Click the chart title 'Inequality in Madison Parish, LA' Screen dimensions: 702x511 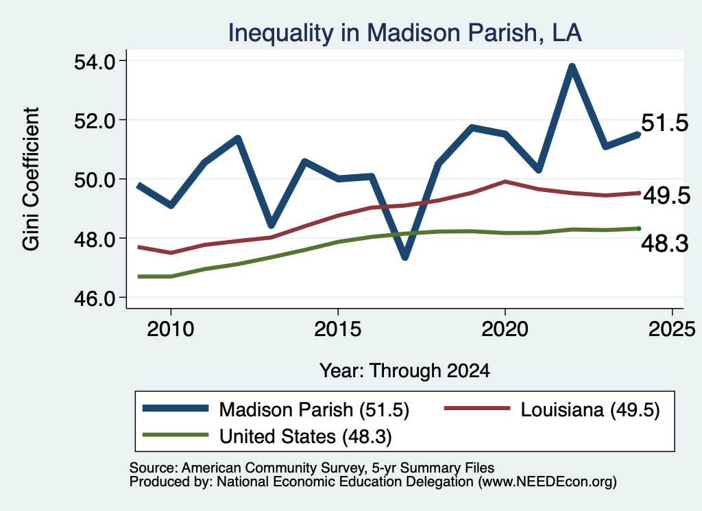point(404,33)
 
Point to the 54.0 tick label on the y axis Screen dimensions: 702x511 point(95,62)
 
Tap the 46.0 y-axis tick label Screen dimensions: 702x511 point(95,298)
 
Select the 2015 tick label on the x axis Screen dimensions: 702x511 point(337,329)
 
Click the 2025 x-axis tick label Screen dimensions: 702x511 point(672,329)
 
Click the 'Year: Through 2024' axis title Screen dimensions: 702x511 point(404,371)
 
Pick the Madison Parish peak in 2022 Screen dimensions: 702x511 point(572,67)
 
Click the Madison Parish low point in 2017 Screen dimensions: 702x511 point(404,257)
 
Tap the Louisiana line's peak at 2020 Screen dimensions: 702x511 point(505,181)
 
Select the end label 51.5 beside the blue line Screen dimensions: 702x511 point(664,123)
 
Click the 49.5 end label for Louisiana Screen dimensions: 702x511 point(666,195)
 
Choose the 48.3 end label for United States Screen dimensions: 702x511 point(664,243)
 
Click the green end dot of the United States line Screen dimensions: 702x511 point(639,229)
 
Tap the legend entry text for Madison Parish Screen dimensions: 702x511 point(314,409)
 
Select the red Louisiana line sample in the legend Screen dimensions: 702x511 point(477,408)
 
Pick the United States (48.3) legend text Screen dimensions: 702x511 point(305,437)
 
